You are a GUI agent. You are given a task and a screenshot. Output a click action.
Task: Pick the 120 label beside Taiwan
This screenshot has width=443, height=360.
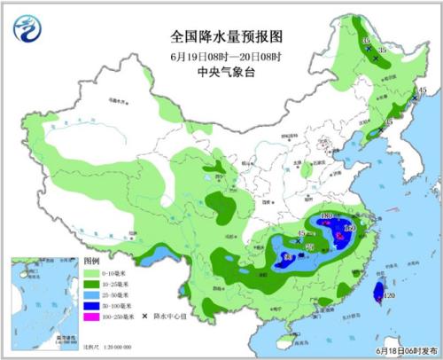(388, 295)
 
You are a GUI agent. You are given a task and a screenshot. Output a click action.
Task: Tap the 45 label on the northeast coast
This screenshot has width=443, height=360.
(423, 90)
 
